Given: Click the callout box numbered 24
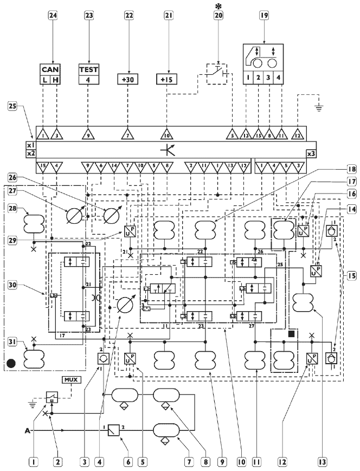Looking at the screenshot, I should click(x=53, y=16).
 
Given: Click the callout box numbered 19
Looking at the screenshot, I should click(x=263, y=16).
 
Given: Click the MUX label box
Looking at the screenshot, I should click(x=70, y=379).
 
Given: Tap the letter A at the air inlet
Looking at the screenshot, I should click(x=27, y=431).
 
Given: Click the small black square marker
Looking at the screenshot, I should click(x=292, y=334).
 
